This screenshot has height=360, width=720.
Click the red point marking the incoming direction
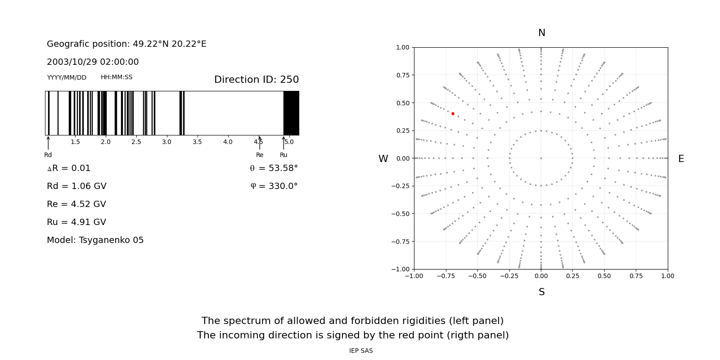point(453,114)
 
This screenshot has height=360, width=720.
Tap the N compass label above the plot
point(541,33)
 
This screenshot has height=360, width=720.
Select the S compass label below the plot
point(541,292)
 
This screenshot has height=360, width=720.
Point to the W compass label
point(383,159)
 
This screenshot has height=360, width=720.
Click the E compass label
point(681,159)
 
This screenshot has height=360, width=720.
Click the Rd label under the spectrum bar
point(48,155)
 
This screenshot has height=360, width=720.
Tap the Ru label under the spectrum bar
point(283,155)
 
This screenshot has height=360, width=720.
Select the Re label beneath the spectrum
point(260,155)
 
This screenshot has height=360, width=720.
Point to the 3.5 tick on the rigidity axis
point(197,142)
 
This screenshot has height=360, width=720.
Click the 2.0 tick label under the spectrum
point(106,142)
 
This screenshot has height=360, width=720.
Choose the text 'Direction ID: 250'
point(256,80)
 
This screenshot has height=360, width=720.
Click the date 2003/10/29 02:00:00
point(93,62)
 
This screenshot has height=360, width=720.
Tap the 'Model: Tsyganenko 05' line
point(95,240)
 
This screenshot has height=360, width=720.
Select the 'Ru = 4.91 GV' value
point(76,222)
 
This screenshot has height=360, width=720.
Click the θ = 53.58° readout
point(274,168)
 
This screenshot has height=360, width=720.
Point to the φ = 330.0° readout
point(274,186)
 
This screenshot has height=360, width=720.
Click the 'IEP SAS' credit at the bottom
point(361,351)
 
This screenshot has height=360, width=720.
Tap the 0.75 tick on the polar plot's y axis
point(403,75)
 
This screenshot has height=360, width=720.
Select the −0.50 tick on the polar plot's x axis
point(477,276)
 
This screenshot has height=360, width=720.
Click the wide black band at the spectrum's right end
point(291,113)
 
